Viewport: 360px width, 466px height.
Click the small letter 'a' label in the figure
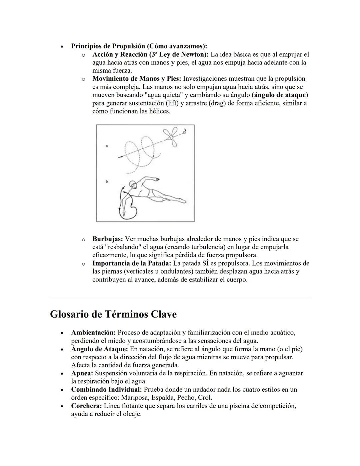click(x=106, y=146)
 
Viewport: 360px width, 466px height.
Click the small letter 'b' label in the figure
click(x=107, y=181)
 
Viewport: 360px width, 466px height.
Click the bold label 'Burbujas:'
click(x=108, y=239)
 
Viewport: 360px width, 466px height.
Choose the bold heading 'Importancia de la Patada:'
click(x=132, y=263)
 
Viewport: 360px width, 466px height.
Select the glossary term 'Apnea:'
click(x=82, y=373)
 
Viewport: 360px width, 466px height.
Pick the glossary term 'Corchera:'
click(x=86, y=406)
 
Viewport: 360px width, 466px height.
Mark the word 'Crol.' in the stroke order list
click(x=205, y=398)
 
